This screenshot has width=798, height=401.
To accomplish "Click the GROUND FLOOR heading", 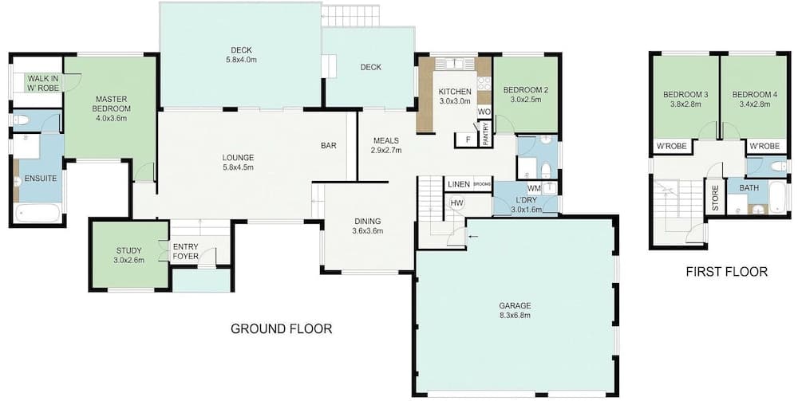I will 281,328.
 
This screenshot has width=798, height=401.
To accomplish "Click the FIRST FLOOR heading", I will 726,273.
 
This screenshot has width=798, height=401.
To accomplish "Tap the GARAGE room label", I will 516,305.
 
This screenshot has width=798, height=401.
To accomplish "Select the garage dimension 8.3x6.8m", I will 516,316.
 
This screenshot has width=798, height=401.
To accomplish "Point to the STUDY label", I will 128,251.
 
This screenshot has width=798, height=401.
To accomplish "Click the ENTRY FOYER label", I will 185,252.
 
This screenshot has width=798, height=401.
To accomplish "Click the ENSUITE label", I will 41,178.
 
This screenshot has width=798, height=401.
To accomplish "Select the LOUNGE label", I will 238,157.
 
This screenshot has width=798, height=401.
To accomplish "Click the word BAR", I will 328,146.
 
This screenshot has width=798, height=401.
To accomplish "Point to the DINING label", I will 368,221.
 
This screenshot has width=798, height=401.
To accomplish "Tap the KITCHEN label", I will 455,92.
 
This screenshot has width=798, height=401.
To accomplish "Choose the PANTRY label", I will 485,133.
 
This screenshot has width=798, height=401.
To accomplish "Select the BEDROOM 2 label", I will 526,90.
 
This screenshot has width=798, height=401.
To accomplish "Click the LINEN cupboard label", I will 458,185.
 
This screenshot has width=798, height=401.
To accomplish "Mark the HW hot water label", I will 456,203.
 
